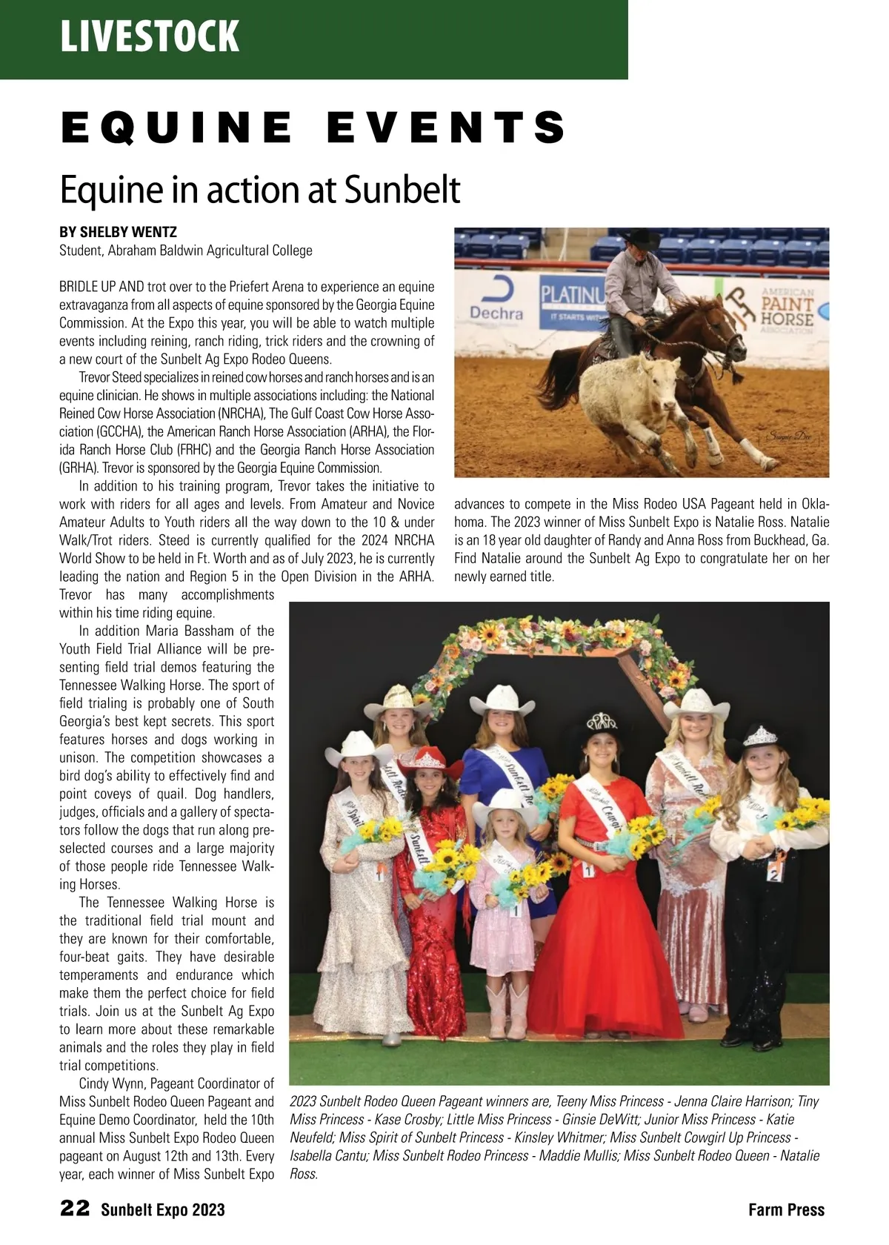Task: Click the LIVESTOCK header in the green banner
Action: [x=150, y=36]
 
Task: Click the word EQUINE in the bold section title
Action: [x=177, y=127]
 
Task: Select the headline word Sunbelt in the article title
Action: [x=402, y=190]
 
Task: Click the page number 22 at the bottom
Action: [x=75, y=1209]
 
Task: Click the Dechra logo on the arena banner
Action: [x=496, y=304]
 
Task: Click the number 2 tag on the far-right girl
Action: [x=774, y=875]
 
